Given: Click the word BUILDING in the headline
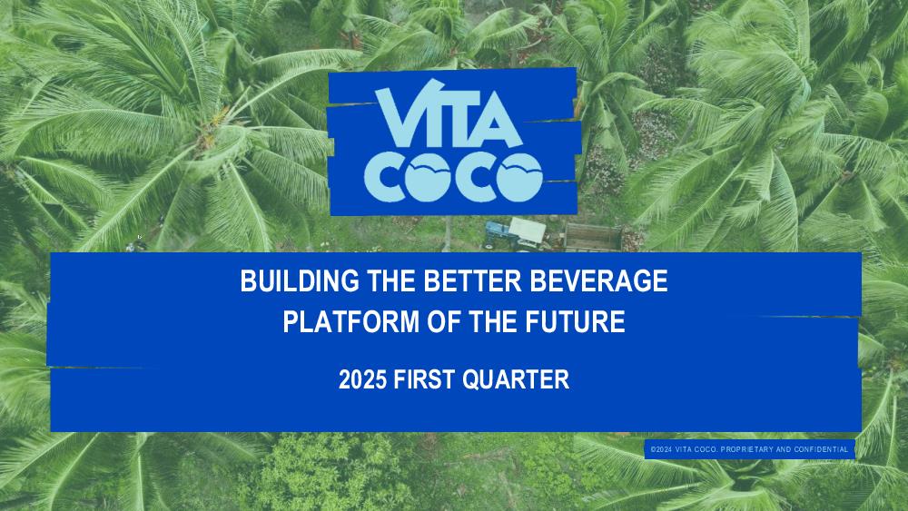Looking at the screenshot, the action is (300, 280).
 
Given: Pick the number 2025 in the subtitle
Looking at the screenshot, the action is (362, 380).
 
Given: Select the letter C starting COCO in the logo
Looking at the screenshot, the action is (384, 178).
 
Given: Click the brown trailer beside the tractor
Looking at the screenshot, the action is (593, 237).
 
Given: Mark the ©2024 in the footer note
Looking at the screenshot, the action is (661, 449).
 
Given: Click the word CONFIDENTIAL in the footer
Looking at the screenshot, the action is (821, 449).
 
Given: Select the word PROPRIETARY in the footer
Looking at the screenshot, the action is (747, 449).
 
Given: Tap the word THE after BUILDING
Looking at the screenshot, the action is (391, 280).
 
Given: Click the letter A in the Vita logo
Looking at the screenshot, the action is (497, 123).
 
